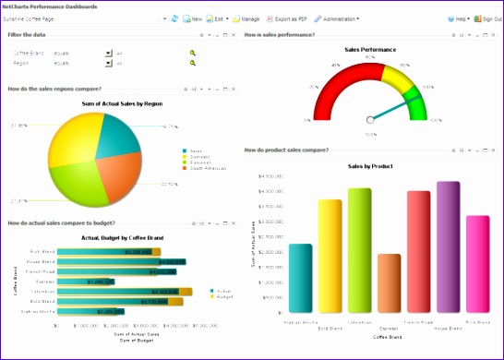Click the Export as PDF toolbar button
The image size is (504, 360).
288,18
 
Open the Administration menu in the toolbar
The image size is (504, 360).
337,18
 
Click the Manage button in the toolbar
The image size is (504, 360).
246,18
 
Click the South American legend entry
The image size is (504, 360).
209,168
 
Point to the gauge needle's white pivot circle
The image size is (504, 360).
370,118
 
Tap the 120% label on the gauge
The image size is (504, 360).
435,120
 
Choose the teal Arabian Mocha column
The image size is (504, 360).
300,278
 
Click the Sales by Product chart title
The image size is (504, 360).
370,166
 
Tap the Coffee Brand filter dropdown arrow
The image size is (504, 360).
108,53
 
